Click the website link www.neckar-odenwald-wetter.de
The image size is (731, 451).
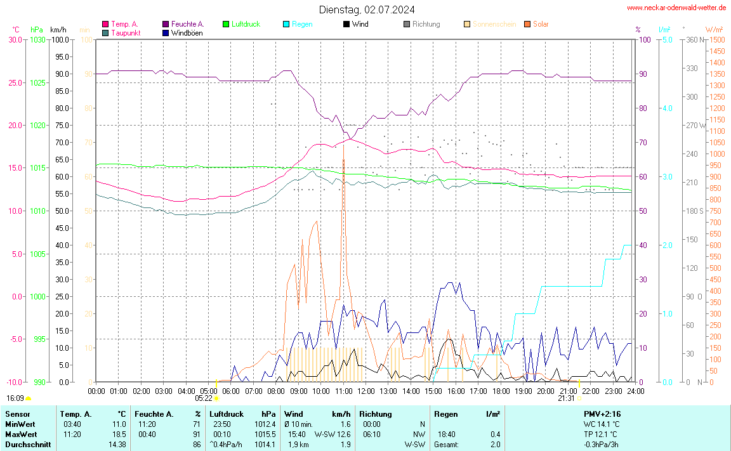coord(676,8)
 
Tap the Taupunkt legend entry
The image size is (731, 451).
coord(126,32)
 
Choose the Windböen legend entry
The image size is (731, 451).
coord(187,32)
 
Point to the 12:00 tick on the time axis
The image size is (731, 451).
coord(365,391)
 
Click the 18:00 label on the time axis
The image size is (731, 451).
coord(501,391)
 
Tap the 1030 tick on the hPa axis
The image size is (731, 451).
coord(37,40)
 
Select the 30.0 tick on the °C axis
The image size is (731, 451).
coord(15,40)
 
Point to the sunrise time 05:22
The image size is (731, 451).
coord(203,398)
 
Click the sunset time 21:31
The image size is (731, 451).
coord(566,398)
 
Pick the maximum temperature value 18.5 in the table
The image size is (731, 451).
coord(119,434)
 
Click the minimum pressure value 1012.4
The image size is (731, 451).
coord(265,424)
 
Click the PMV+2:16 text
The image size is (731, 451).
coord(602,414)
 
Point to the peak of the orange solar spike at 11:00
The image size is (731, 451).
coord(343,160)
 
